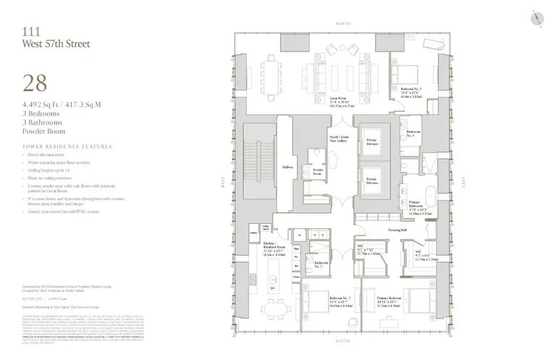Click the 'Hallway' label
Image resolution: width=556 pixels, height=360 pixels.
287,167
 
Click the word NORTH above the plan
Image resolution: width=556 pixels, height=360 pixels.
343,24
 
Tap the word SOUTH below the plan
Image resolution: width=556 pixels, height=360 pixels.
343,340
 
